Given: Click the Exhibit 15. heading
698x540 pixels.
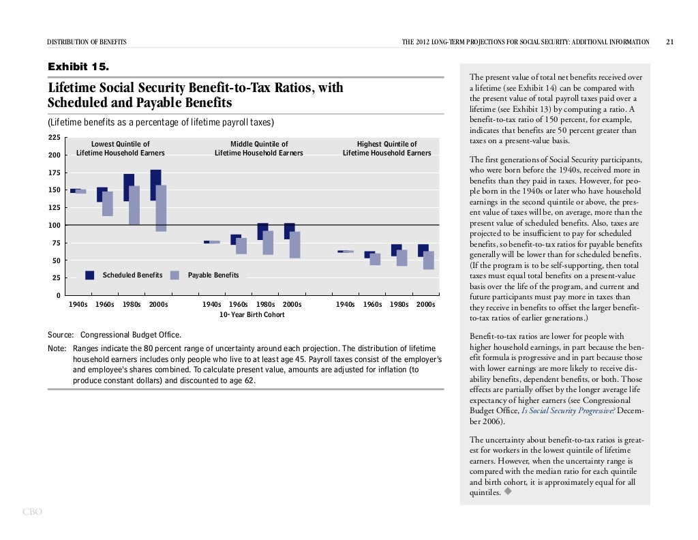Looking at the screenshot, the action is (x=78, y=67).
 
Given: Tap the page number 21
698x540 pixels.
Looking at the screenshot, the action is (x=670, y=42).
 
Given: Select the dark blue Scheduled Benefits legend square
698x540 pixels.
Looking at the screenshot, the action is (x=89, y=275).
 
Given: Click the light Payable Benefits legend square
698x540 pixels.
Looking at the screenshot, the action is (x=175, y=275).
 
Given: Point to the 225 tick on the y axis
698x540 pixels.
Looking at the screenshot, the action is (x=55, y=138).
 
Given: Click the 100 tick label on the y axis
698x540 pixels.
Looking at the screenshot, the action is (x=55, y=225).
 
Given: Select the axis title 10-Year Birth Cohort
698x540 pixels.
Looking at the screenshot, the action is (x=252, y=314).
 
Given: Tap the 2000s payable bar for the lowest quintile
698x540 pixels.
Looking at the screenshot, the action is (x=161, y=209).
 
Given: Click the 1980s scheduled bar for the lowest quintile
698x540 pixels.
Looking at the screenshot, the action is (x=129, y=187).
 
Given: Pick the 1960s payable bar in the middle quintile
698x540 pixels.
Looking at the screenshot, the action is (x=241, y=245).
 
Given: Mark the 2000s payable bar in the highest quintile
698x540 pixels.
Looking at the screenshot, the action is (x=429, y=260).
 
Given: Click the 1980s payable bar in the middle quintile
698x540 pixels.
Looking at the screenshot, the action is (x=268, y=243).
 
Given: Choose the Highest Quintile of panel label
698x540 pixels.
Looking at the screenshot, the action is (x=387, y=144).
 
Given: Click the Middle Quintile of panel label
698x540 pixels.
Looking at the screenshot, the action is (x=259, y=144).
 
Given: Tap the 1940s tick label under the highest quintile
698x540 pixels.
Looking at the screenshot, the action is (x=345, y=305).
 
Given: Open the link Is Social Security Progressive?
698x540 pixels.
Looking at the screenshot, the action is (x=568, y=410).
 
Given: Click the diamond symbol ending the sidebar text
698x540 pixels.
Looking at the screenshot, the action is (x=507, y=492).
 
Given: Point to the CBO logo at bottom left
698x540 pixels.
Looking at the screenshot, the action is (x=33, y=512).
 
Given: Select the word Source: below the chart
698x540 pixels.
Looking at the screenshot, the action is (x=61, y=335).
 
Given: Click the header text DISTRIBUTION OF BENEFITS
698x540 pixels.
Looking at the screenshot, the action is (x=87, y=42).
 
